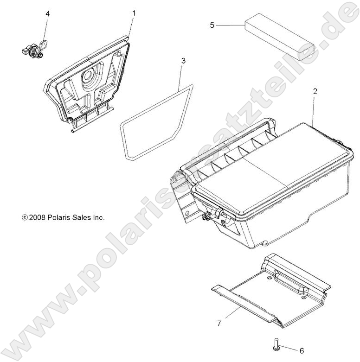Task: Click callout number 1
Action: point(134,13)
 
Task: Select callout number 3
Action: point(183,61)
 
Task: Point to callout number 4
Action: point(47,13)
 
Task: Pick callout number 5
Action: point(212,25)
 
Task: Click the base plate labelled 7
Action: point(274,292)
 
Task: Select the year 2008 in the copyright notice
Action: point(37,217)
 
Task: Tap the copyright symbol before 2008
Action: point(25,217)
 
